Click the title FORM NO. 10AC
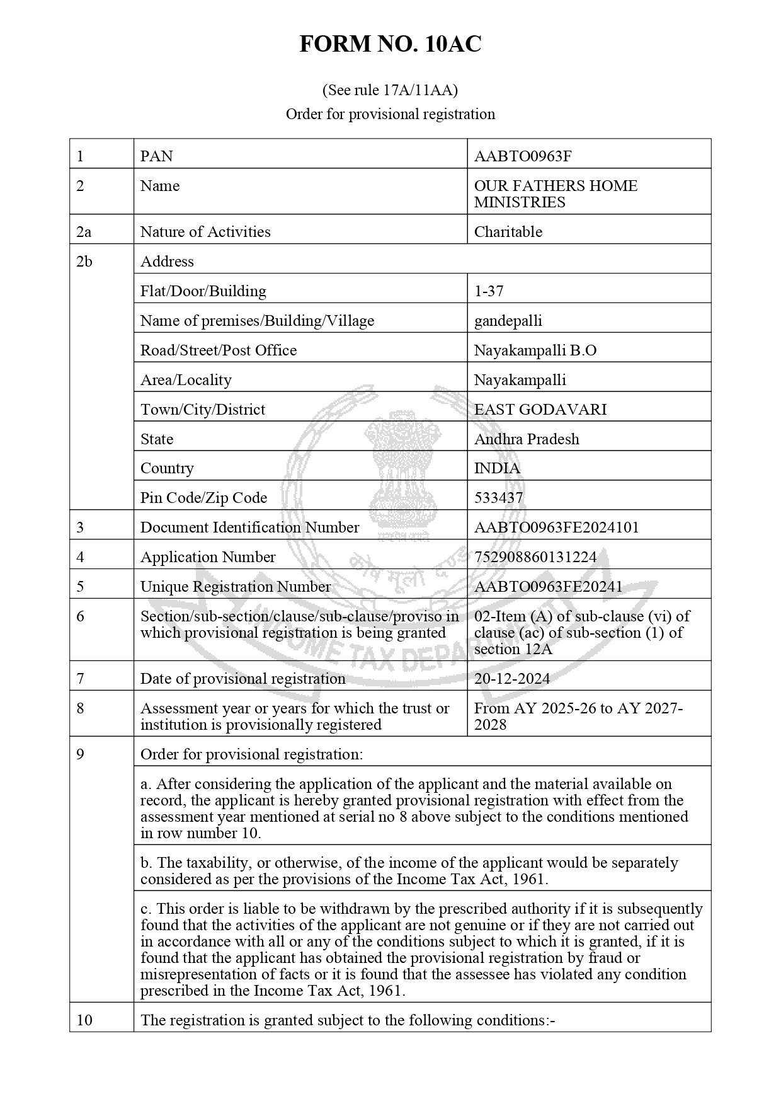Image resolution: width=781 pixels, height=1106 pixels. [390, 44]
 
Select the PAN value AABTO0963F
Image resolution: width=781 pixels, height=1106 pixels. [523, 156]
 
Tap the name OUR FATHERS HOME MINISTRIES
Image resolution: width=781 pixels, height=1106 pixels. [555, 193]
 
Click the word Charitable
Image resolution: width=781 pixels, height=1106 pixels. [508, 231]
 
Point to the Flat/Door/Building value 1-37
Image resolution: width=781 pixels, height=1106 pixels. [489, 291]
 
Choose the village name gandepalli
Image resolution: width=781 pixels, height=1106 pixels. [508, 320]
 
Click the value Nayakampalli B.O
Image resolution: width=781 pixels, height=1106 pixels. [535, 350]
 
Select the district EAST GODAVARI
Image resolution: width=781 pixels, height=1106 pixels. [540, 409]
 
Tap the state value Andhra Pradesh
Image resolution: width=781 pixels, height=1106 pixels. [526, 439]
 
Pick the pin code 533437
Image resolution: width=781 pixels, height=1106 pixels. [498, 497]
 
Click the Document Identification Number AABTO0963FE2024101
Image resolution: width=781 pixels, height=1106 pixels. [556, 527]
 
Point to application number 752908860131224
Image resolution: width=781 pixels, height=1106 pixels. [535, 556]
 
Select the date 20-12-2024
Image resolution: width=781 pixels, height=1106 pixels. [511, 678]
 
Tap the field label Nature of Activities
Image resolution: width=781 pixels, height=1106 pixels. [205, 231]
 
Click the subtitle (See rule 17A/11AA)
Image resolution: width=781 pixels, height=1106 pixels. [390, 90]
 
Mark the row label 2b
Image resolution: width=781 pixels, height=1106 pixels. [84, 261]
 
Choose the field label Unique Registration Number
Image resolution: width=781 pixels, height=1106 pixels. [235, 586]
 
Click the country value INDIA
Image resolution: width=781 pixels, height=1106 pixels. [497, 468]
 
